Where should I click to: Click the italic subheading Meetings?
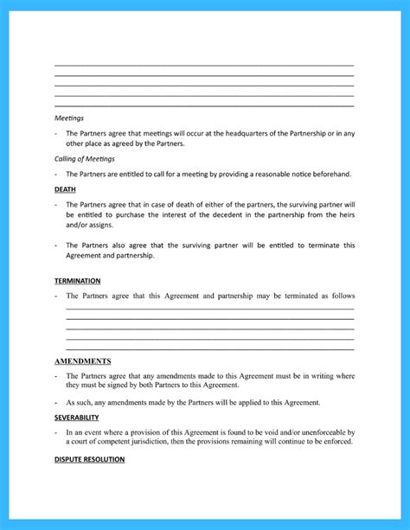(x=69, y=118)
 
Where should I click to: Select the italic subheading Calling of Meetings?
(x=85, y=159)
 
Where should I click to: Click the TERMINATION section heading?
(x=77, y=281)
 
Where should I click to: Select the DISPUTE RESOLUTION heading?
(x=89, y=459)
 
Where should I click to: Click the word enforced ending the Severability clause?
(x=336, y=442)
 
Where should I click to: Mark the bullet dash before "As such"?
(x=56, y=403)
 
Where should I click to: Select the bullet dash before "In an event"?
(x=56, y=431)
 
